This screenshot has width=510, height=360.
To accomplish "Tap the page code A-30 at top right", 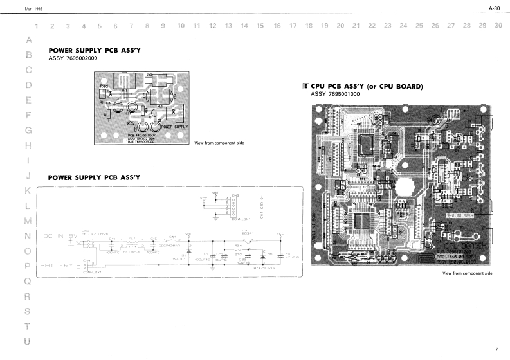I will [x=494, y=8].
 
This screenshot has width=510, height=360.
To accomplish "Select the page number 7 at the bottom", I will [x=496, y=349].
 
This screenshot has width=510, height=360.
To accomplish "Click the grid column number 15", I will [x=260, y=26].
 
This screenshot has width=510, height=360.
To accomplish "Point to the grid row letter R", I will [x=28, y=297].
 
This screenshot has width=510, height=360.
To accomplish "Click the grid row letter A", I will [x=28, y=39].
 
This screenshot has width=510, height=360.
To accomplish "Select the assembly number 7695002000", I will [x=73, y=58].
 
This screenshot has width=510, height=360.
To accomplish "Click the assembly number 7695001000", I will [x=335, y=94].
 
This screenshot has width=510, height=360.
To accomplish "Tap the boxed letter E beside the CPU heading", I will [x=305, y=86].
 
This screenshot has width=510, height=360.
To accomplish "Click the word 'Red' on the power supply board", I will [x=105, y=86].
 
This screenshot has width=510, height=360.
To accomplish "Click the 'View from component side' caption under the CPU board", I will [x=467, y=273].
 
